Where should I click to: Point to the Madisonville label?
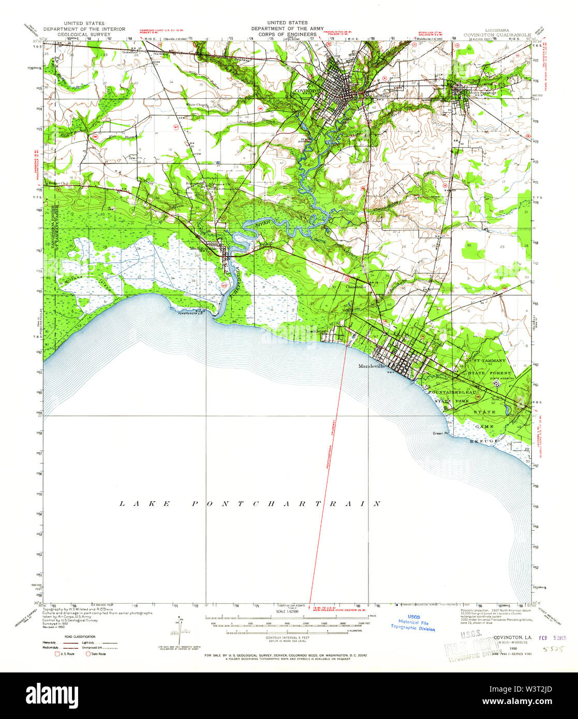click(205, 248)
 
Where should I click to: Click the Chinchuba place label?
click(358, 286)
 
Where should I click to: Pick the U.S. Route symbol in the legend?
click(58, 654)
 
